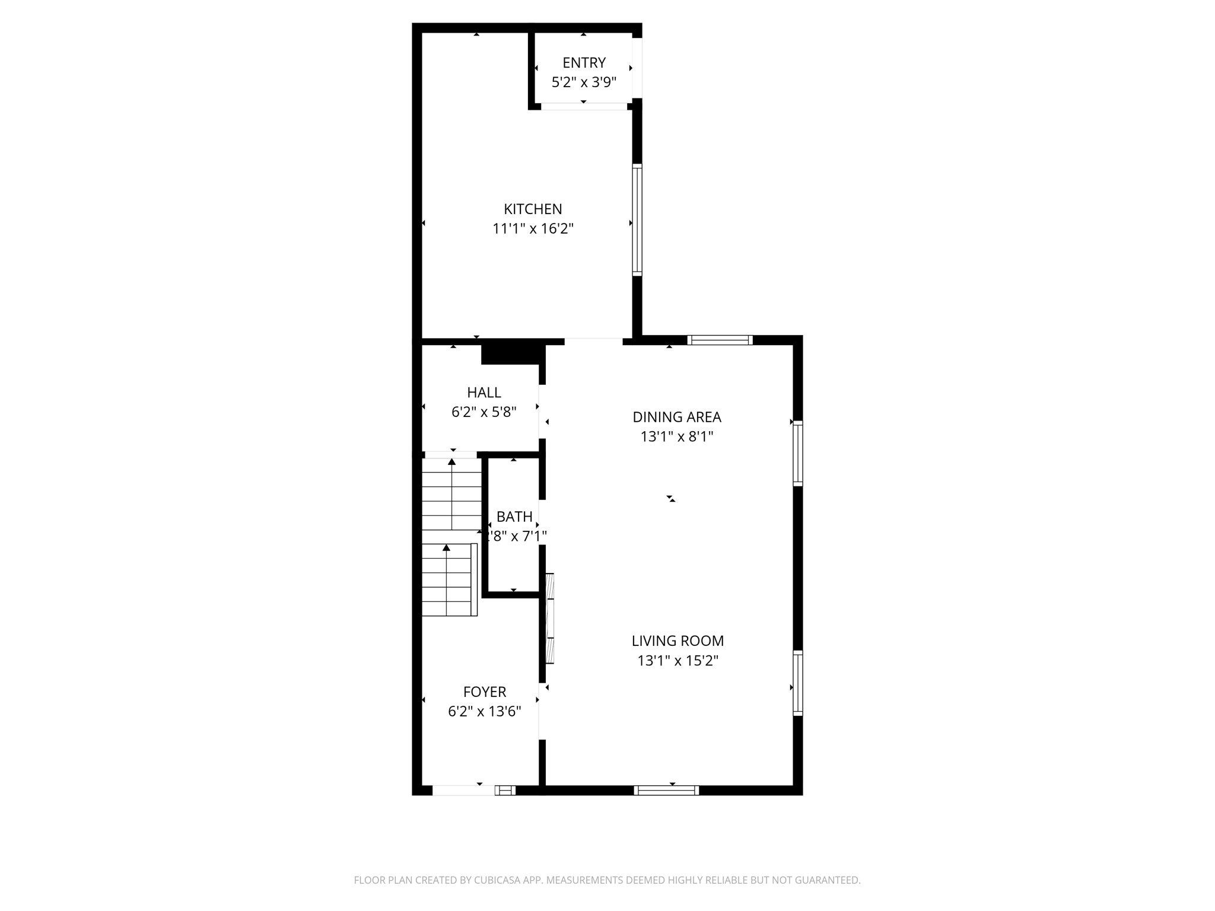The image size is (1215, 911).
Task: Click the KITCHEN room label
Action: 533,209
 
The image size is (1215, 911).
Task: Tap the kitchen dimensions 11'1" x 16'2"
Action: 533,228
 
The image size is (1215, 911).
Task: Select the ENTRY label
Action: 584,62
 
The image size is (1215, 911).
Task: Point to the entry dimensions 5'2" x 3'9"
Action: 584,82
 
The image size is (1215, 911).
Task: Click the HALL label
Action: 484,392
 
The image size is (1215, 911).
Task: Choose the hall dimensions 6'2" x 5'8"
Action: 484,412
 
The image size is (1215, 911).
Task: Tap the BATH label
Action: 514,517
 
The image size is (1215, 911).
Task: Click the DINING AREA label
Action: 677,417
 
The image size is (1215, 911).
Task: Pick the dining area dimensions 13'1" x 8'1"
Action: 677,437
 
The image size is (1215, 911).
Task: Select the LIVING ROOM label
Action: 678,641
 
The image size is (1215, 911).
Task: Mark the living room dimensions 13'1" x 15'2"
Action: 678,660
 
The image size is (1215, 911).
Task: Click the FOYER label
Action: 485,692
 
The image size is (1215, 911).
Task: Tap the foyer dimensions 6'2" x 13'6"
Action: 485,711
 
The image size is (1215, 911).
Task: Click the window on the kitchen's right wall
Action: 637,219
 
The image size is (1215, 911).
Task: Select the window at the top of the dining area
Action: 720,340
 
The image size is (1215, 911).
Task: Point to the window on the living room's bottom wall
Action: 666,790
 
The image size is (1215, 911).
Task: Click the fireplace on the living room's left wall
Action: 549,618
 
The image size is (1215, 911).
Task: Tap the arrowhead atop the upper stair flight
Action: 452,461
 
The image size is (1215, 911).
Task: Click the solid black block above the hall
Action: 513,355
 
